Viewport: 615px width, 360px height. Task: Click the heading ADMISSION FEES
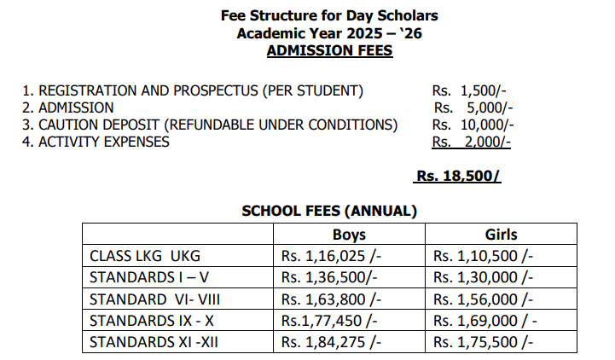click(x=329, y=50)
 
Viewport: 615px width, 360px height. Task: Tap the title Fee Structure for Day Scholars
click(x=329, y=15)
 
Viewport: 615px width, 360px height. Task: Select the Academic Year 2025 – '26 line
click(x=329, y=33)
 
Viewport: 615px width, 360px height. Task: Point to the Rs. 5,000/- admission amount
click(x=473, y=108)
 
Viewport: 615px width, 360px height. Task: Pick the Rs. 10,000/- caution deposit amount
click(x=473, y=125)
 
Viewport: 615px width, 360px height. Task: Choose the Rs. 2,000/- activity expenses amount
click(x=472, y=142)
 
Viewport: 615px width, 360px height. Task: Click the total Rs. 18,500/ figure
click(x=457, y=177)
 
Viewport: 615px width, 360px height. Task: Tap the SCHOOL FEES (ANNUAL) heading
click(x=329, y=211)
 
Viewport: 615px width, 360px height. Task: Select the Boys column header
click(x=348, y=235)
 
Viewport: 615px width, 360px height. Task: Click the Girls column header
click(x=501, y=235)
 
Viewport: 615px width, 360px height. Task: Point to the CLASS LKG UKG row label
click(x=145, y=256)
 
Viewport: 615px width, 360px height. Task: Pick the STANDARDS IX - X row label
click(x=152, y=320)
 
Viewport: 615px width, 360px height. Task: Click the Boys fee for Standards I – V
click(x=329, y=277)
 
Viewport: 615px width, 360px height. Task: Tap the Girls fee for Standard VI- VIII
click(x=483, y=299)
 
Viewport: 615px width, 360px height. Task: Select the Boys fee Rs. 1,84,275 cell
click(x=331, y=342)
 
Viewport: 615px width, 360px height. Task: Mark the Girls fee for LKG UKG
click(x=483, y=256)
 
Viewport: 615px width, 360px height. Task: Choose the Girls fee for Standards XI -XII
click(x=483, y=342)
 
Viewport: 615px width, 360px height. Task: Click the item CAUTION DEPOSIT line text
click(x=210, y=125)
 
